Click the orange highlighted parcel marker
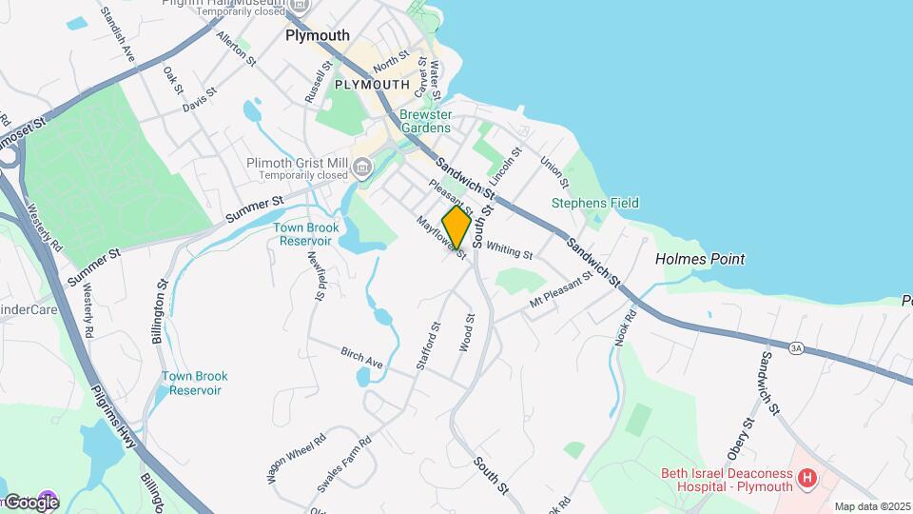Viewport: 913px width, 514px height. pyautogui.click(x=456, y=227)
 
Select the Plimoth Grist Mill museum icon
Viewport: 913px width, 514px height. pyautogui.click(x=361, y=168)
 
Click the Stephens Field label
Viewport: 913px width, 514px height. pyautogui.click(x=595, y=203)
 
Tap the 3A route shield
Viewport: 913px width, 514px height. pyautogui.click(x=796, y=349)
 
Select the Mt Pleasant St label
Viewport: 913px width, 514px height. pyautogui.click(x=561, y=290)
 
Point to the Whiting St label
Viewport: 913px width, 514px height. pyautogui.click(x=509, y=251)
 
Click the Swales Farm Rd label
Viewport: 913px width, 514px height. pyautogui.click(x=343, y=465)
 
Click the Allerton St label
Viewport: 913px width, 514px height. pyautogui.click(x=237, y=49)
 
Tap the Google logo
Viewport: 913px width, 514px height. pyautogui.click(x=30, y=502)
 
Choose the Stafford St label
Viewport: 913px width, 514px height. pyautogui.click(x=428, y=346)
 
